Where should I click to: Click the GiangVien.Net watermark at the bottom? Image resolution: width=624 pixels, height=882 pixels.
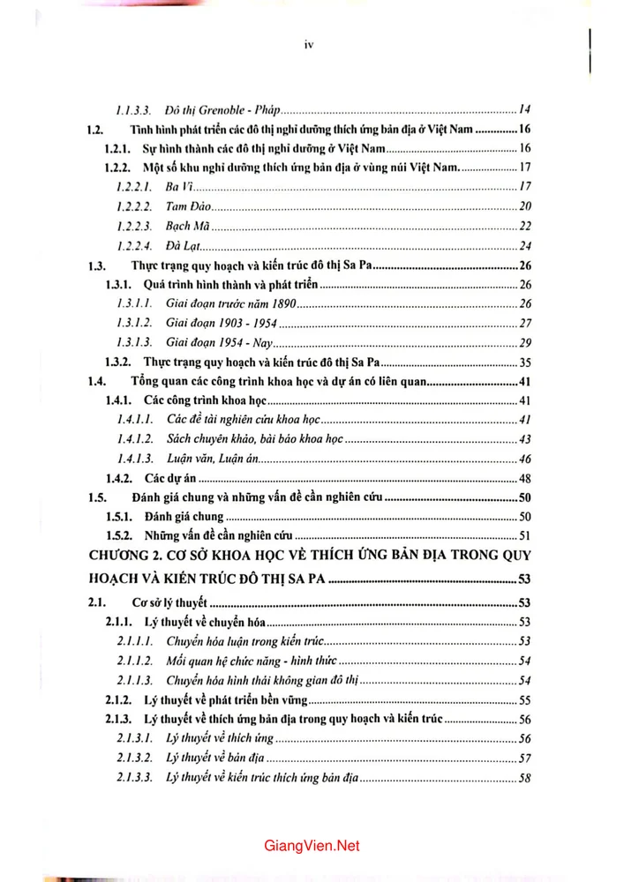[x=312, y=845]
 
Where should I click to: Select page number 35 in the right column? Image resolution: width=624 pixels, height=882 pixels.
[x=523, y=363]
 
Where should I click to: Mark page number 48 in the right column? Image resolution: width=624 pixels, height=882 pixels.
[x=523, y=479]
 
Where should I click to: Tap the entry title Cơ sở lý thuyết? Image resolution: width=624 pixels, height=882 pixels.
[x=169, y=604]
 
